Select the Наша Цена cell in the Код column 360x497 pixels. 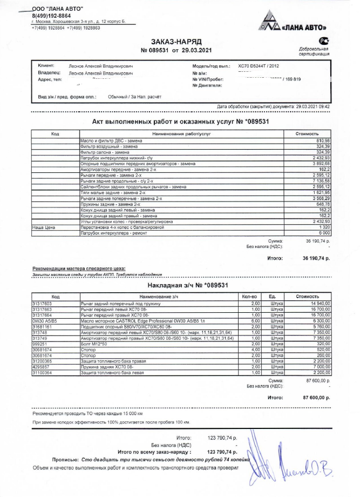(42, 228)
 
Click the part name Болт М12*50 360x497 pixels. (93, 343)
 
